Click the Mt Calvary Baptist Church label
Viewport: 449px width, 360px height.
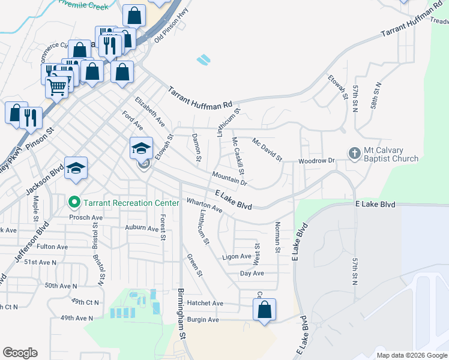tap(391, 154)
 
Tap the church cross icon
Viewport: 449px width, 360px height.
tap(354, 154)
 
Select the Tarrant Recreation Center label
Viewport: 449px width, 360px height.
tap(131, 203)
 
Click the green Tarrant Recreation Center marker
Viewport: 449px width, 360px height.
tap(74, 203)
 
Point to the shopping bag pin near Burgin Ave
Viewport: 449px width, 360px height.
tap(264, 310)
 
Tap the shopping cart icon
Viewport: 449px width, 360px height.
tap(57, 86)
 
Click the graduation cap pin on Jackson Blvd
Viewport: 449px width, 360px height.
tap(76, 169)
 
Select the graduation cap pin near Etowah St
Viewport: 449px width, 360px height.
tap(140, 148)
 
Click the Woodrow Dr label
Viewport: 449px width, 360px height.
tap(316, 161)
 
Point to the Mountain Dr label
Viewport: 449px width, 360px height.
tap(229, 178)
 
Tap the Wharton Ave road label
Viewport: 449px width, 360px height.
tap(205, 206)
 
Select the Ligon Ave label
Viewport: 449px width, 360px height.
tap(237, 256)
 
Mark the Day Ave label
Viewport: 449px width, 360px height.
tap(252, 273)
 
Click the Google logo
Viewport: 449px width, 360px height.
tap(20, 353)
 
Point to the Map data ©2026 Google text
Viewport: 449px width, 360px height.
tap(412, 355)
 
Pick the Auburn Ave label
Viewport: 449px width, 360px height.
tap(140, 227)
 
